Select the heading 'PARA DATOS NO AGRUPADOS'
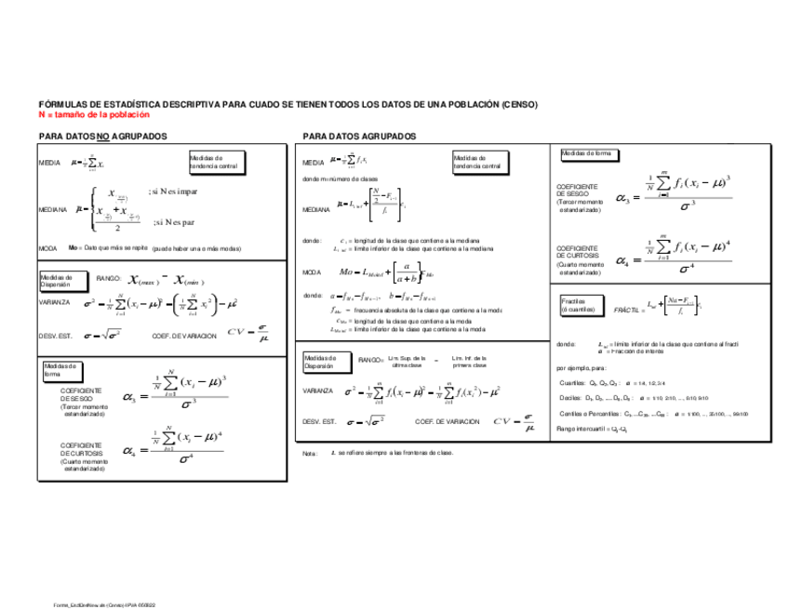click(102, 137)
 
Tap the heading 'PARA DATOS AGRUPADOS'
click(359, 137)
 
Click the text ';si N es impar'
click(173, 192)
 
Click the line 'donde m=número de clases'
click(341, 178)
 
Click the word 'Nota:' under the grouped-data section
click(311, 453)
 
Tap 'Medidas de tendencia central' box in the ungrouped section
click(213, 162)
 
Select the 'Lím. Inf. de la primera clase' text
click(471, 361)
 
